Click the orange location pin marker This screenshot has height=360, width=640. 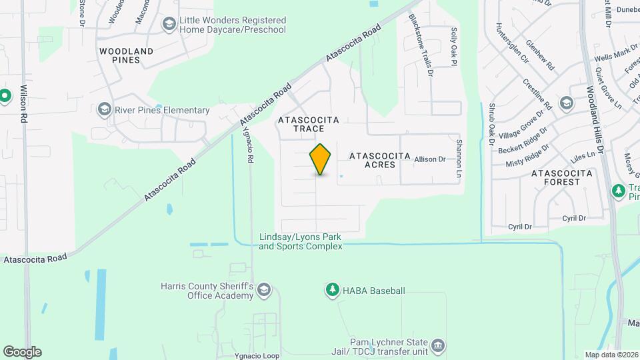click(x=321, y=159)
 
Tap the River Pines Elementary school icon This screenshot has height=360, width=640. click(x=104, y=108)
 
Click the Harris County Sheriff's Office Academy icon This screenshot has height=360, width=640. click(x=264, y=289)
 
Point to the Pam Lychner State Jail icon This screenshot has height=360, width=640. click(x=438, y=345)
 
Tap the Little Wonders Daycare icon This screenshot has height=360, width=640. click(x=169, y=25)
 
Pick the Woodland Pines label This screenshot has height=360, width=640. click(x=126, y=55)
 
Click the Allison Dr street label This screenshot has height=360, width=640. click(x=429, y=159)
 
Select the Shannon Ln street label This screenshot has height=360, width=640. click(x=459, y=158)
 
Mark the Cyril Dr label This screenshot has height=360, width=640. click(x=573, y=218)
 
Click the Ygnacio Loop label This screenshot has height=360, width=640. click(x=257, y=355)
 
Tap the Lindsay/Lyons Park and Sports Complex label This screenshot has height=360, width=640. click(x=301, y=241)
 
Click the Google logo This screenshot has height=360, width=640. click(x=22, y=351)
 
